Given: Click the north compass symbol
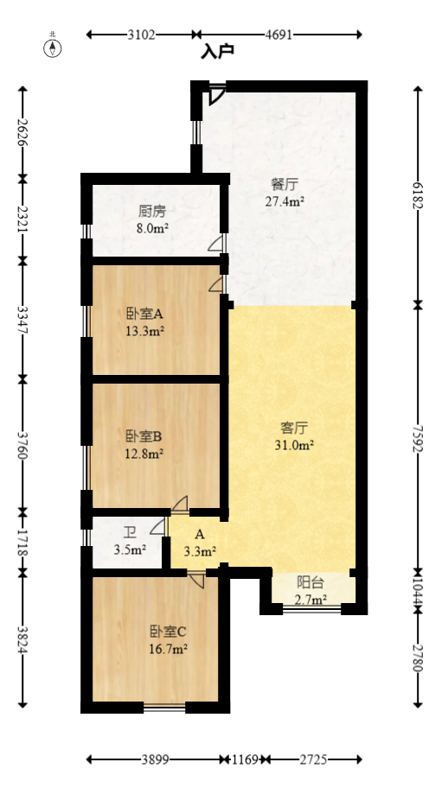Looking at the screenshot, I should [x=54, y=47].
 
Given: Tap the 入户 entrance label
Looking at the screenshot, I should [x=218, y=52].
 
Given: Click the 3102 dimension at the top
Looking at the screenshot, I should [x=141, y=35].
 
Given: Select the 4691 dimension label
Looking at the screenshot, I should [x=278, y=35].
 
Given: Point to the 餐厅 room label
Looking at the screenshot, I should [x=285, y=185].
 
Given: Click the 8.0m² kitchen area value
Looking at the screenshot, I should [x=152, y=229].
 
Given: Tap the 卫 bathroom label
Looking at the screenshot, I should [x=129, y=532].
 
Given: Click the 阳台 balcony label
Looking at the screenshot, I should [x=311, y=582].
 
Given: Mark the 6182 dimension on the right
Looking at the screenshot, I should [x=418, y=195].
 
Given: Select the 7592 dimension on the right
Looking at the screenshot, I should [x=418, y=438].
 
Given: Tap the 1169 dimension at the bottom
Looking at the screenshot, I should [x=245, y=759].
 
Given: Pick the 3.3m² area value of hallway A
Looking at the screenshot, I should [x=200, y=549].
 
